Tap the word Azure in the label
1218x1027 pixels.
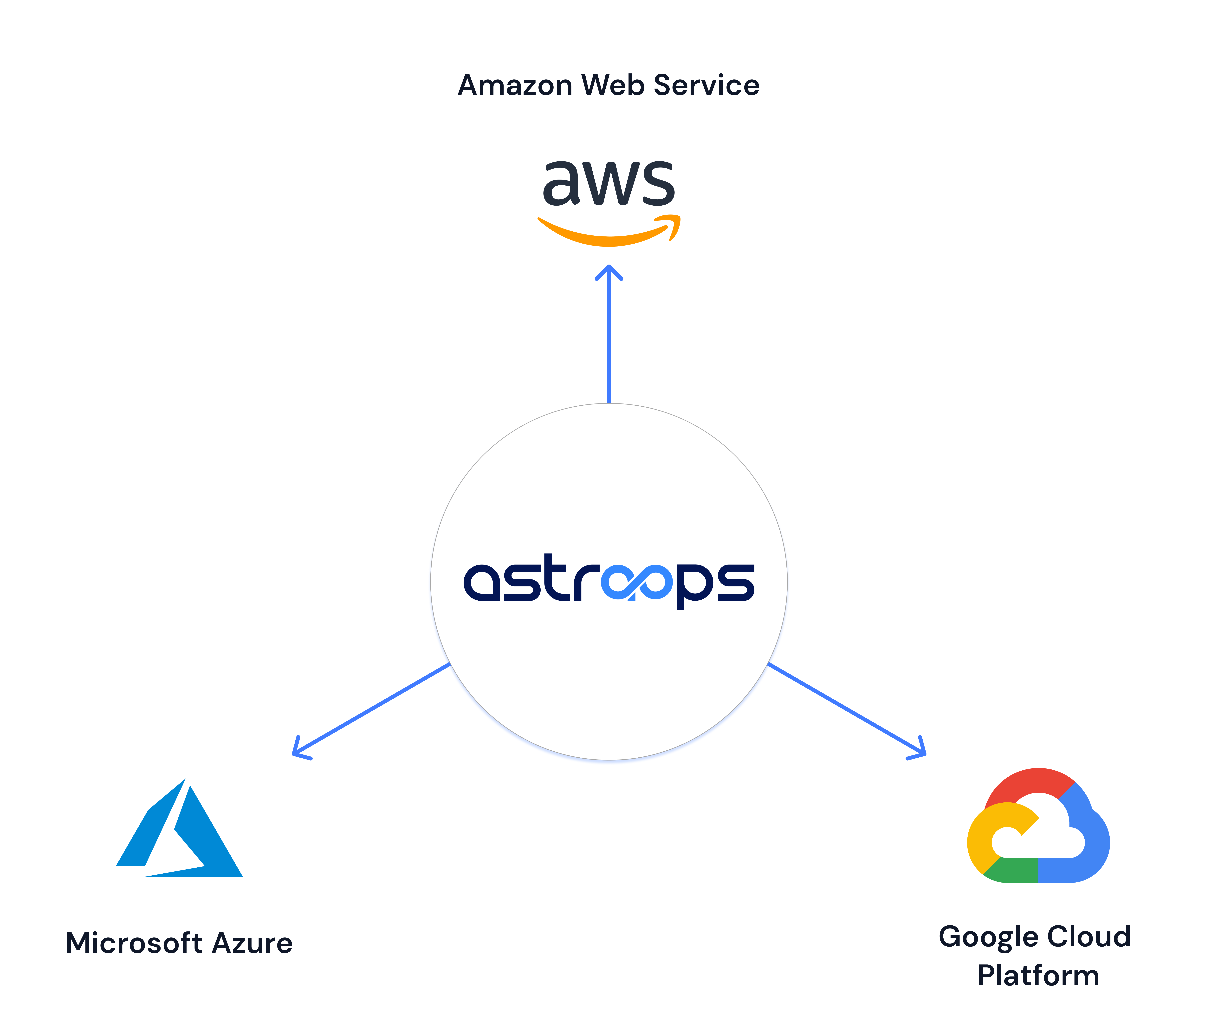pos(252,943)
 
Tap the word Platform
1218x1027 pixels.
pos(1038,976)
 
